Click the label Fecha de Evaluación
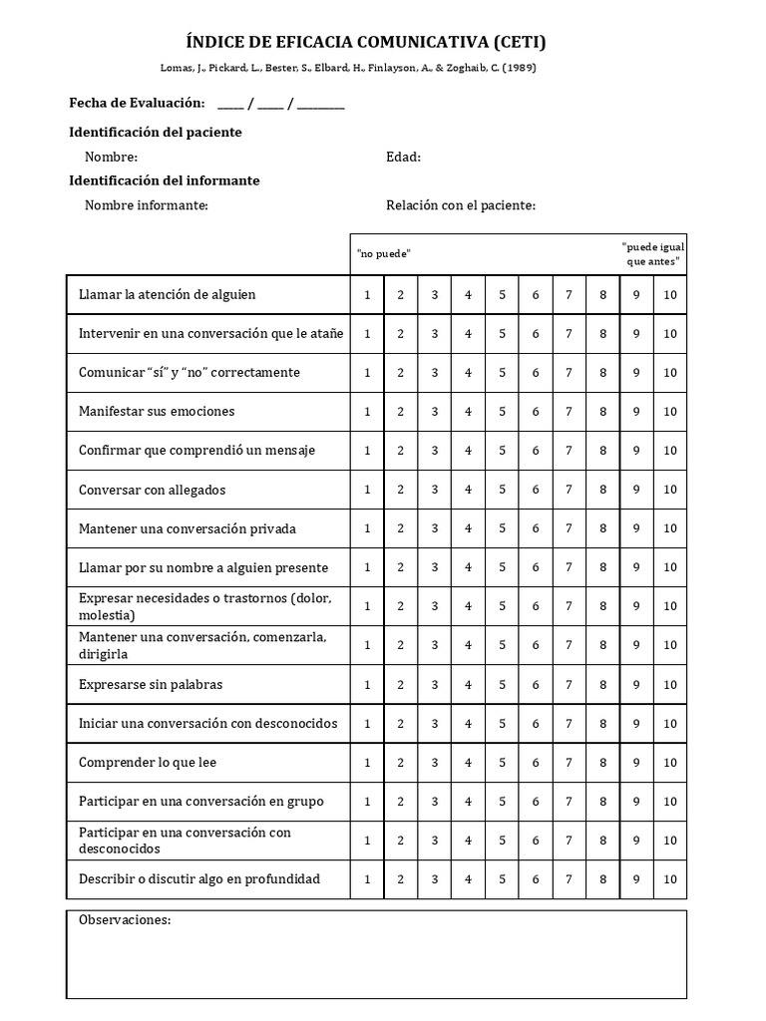[x=137, y=104]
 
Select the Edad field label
[x=403, y=157]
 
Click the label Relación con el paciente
[x=461, y=205]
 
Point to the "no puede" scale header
[x=384, y=254]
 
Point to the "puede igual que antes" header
[x=652, y=254]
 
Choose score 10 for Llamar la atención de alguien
[x=669, y=295]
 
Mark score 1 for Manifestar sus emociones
[x=367, y=412]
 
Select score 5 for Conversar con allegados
[x=502, y=490]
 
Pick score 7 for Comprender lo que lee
[x=569, y=763]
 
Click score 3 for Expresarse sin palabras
[x=434, y=685]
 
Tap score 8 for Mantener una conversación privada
[x=602, y=528]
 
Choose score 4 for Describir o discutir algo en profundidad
[x=468, y=879]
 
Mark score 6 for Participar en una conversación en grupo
[x=536, y=802]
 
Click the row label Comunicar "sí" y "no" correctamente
[x=190, y=373]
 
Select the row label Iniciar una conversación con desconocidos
[x=207, y=724]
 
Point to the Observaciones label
[x=125, y=919]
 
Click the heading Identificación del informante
[x=164, y=180]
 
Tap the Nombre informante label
[x=146, y=205]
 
